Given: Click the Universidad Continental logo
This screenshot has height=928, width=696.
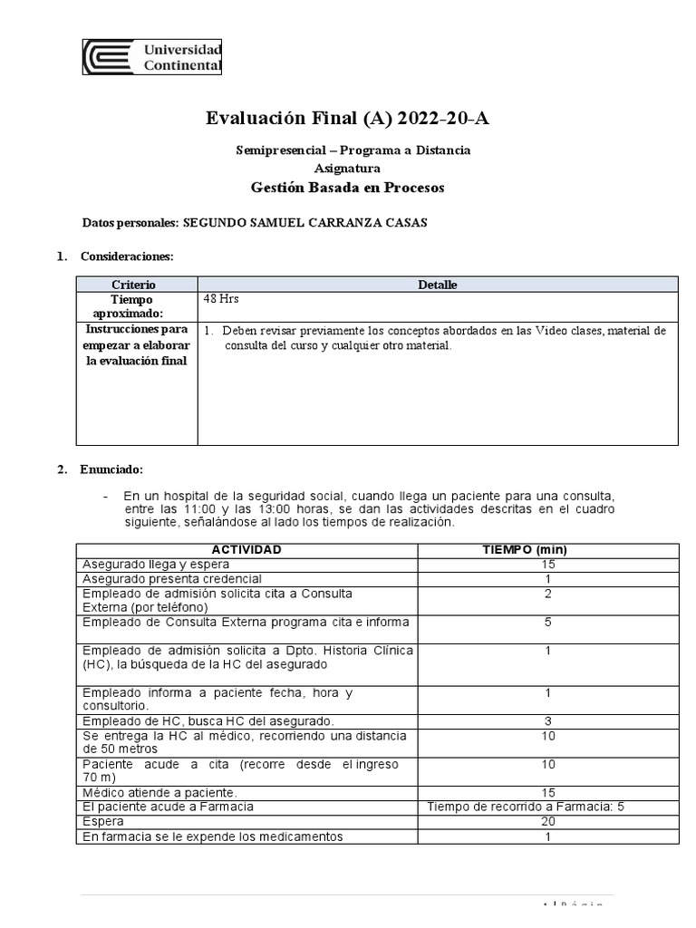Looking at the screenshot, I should pos(152,57).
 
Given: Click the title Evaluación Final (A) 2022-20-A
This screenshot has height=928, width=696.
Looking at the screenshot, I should pos(349,118).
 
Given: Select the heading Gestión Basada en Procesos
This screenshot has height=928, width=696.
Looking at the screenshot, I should pos(348,188).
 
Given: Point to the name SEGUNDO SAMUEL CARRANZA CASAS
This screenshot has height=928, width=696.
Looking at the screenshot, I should pos(305,223).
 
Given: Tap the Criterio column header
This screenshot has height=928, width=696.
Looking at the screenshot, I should pos(133,285).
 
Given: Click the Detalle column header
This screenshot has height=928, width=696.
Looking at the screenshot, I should pos(437,285).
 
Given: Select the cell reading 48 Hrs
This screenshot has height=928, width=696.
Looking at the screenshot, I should pos(222,299).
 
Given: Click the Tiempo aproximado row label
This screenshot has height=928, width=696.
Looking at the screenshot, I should pos(133,305).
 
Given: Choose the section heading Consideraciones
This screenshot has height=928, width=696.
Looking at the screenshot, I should pos(126,256).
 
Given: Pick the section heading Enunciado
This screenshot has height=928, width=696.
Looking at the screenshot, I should pos(111,469).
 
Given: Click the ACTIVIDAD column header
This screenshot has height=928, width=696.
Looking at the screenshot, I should pos(246,550).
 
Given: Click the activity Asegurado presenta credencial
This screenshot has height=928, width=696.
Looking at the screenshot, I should pos(172,578).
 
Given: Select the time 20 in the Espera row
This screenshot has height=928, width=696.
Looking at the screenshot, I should pos(546,821).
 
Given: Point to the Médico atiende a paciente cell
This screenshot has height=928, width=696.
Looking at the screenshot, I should pos(159,792).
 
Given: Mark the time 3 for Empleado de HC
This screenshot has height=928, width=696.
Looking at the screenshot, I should pos(546,720).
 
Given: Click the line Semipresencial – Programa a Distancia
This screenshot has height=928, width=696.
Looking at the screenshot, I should pos(348,150).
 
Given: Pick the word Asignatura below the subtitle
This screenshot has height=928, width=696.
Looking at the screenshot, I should pos(347,169).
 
